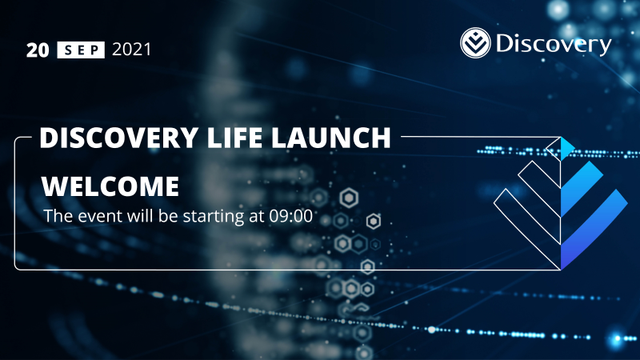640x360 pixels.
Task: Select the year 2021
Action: (131, 50)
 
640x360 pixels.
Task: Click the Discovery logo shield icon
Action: (477, 43)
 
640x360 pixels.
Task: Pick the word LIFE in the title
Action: (231, 138)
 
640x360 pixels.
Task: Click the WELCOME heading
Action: (110, 186)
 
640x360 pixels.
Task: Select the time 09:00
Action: (291, 216)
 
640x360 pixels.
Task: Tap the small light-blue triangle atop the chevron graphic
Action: (568, 146)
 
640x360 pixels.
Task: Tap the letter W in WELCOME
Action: (53, 186)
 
